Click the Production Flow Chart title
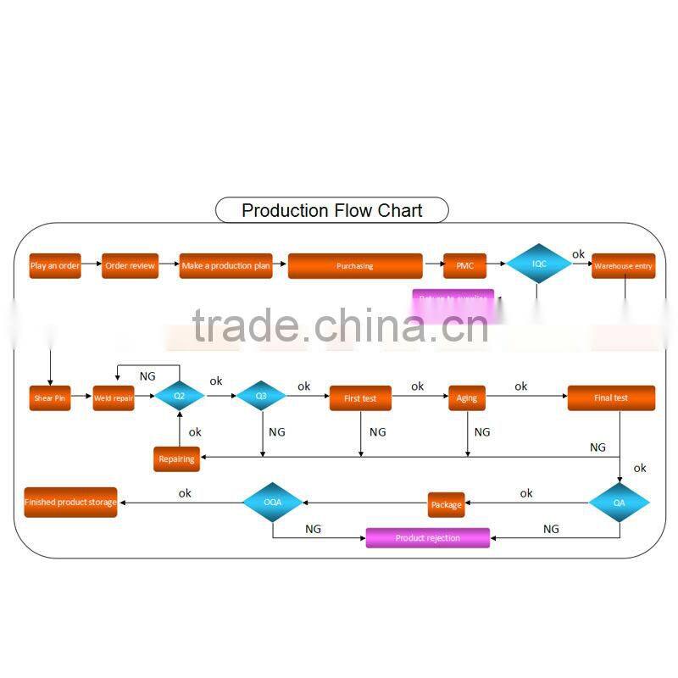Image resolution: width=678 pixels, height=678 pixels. tap(331, 210)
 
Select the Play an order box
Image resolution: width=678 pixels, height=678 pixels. tap(55, 265)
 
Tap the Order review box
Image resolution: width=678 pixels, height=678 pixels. tap(131, 265)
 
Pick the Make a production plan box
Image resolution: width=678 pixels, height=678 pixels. tap(226, 265)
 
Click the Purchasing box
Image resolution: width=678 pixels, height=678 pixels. tap(355, 265)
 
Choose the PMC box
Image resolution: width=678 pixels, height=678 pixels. tap(465, 265)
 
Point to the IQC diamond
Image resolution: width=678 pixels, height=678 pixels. tap(539, 264)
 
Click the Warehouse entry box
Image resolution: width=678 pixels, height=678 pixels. tap(623, 265)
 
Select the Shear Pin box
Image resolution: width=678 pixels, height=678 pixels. tap(49, 397)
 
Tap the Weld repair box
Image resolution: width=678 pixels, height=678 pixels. tap(114, 397)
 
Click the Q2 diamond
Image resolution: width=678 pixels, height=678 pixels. tap(180, 396)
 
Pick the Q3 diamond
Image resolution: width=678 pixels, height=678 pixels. tap(261, 396)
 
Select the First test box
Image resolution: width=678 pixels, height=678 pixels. tap(360, 397)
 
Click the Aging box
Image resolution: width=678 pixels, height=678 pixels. tap(467, 397)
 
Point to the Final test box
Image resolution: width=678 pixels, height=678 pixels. tap(611, 397)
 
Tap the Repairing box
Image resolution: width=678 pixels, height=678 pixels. tap(176, 459)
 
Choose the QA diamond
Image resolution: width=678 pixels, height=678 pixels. tap(620, 502)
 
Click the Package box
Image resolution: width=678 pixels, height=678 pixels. tap(447, 504)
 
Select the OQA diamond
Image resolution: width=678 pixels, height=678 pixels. tap(272, 502)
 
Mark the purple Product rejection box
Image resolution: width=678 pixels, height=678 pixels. tap(428, 537)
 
